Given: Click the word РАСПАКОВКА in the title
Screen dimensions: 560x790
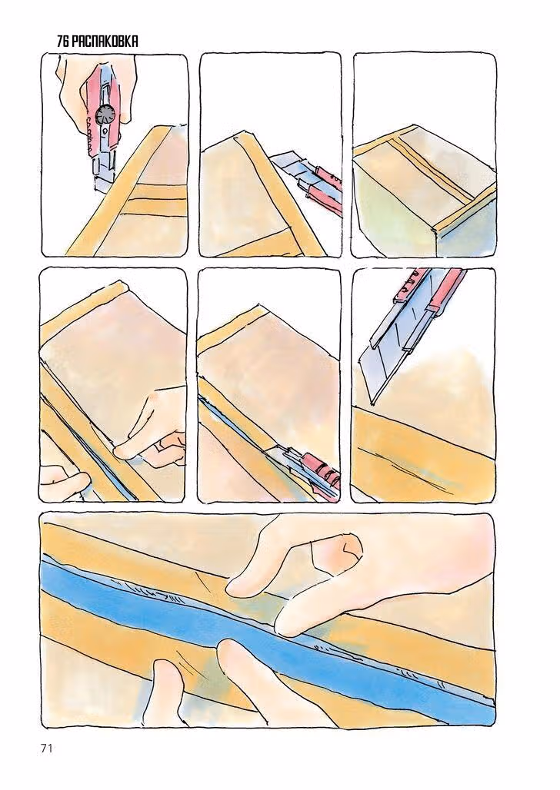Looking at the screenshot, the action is point(105,41).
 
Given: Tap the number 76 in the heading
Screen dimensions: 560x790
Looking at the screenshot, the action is point(62,41).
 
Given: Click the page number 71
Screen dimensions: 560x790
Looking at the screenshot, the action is point(46,749).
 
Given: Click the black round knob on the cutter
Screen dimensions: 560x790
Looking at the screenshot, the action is point(106,115).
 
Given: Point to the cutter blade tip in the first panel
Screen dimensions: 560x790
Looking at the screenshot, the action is point(98,190).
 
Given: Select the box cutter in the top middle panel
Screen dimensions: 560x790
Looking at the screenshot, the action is point(307,183).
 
